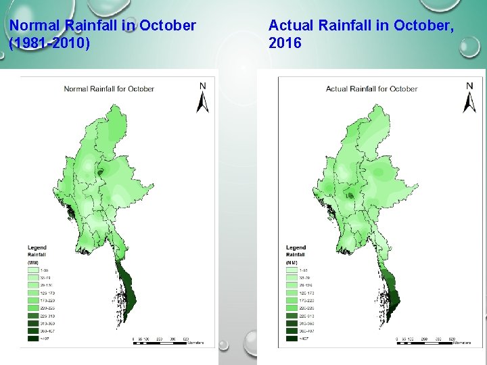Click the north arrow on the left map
pos(202,99)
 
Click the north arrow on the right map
pos(469,99)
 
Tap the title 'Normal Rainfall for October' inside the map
pos(109,89)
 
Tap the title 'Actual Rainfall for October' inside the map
pos(371,89)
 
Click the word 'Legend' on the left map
pos(37,248)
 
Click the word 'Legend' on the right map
pos(296,248)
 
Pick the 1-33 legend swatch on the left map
pos(32,270)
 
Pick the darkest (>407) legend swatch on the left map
pos(32,339)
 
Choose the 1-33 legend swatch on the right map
pos(293,270)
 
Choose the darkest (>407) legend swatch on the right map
pos(293,339)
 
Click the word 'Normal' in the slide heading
pos(33,26)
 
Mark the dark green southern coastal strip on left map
pos(125,287)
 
